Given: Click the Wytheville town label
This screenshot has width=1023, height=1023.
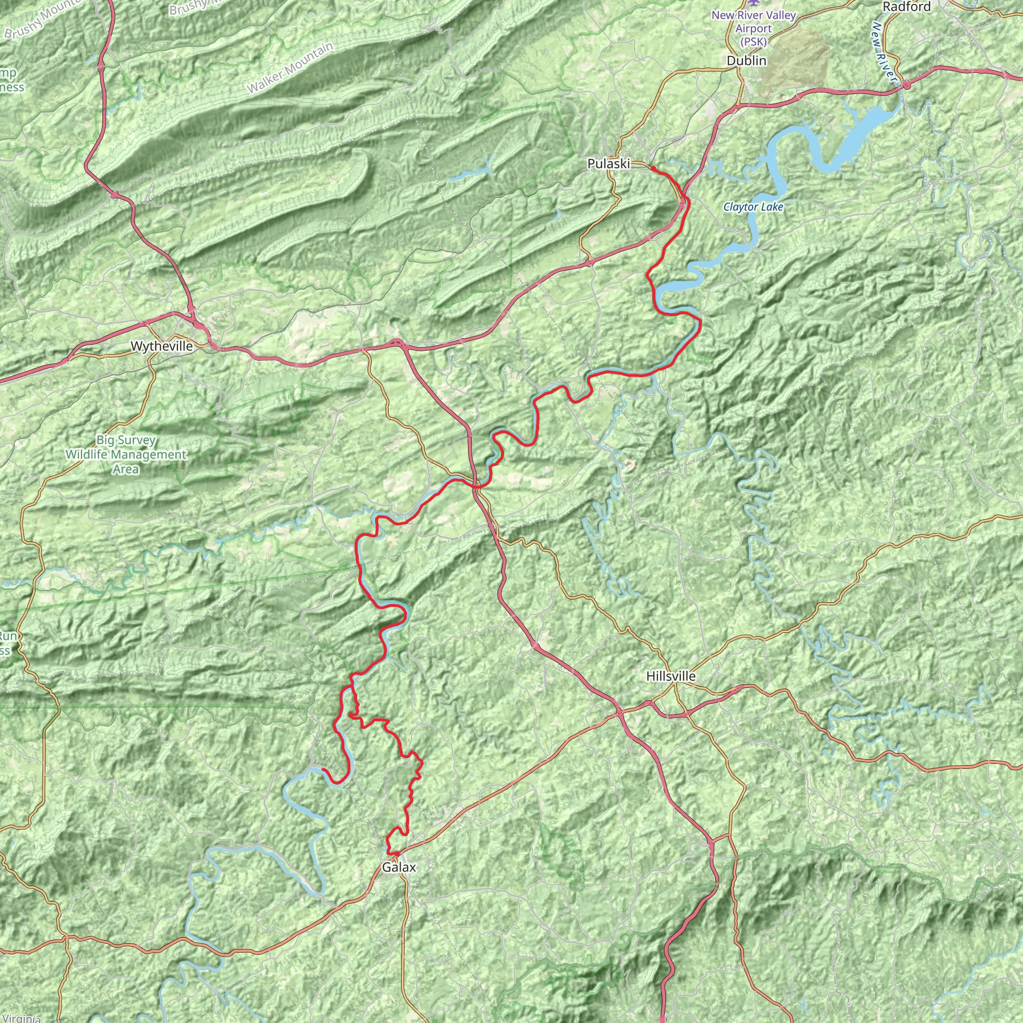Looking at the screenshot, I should [x=161, y=346].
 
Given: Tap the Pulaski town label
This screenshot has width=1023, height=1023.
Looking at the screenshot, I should [x=608, y=164].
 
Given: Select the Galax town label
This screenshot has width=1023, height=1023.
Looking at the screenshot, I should [x=399, y=867].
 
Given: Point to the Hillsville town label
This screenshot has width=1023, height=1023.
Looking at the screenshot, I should [x=670, y=676].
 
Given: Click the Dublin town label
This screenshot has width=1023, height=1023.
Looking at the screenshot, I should [x=746, y=61].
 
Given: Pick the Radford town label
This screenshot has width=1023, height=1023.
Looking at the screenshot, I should [x=907, y=7].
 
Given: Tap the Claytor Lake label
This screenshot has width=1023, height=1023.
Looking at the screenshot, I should [x=753, y=207].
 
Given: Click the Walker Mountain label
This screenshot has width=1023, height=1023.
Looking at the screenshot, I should [x=290, y=68].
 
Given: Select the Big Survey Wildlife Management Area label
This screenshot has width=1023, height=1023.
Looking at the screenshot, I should [x=126, y=455].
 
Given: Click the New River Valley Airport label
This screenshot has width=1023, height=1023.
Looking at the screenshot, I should [x=753, y=28].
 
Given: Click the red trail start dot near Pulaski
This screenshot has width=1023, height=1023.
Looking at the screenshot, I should [x=653, y=168].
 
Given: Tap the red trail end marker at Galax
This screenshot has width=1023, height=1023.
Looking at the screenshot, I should [x=395, y=854].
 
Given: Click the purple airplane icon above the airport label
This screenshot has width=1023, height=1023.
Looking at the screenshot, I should [x=754, y=3].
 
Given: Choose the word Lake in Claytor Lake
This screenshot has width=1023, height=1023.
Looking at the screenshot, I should [x=771, y=207].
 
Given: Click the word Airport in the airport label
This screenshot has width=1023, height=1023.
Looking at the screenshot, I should [x=753, y=28].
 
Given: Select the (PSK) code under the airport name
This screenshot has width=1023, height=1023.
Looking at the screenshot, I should [x=753, y=41].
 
